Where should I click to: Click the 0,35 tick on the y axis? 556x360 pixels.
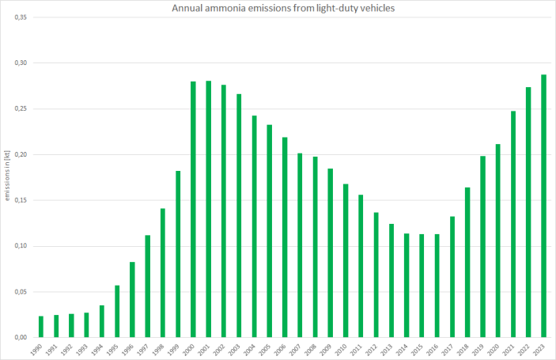point(21,17)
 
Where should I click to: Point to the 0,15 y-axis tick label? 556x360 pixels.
point(21,200)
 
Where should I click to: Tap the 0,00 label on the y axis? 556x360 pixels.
point(21,338)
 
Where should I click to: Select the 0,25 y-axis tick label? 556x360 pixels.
point(21,108)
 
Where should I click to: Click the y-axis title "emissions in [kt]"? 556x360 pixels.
point(8,177)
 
